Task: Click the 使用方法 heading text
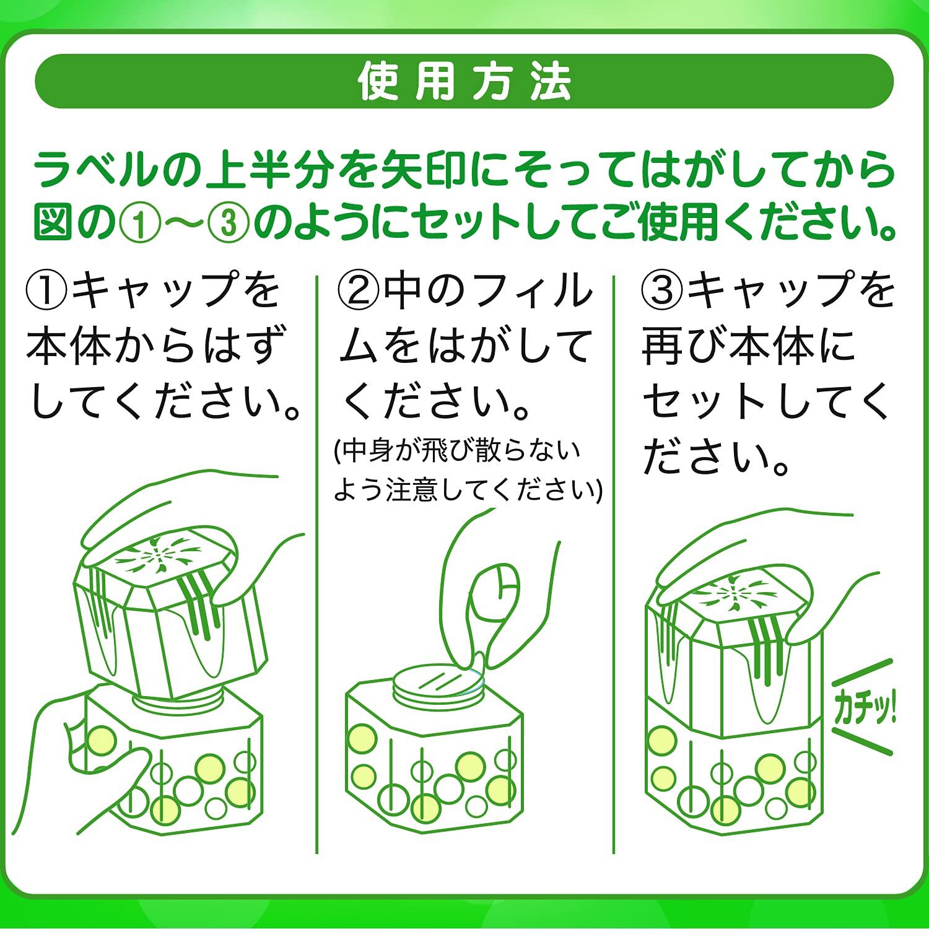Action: [x=464, y=82]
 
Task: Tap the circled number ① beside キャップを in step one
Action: [x=48, y=289]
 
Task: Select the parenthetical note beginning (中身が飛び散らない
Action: [x=468, y=471]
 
